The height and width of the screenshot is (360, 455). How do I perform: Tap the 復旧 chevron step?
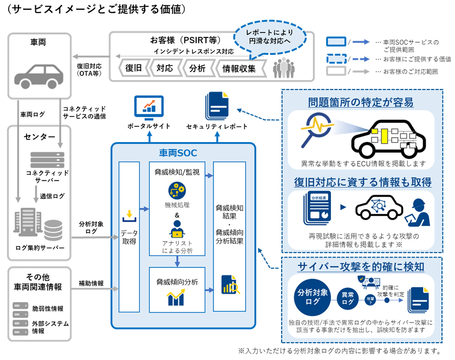[x=133, y=69]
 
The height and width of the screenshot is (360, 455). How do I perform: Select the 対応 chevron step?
[x=165, y=69]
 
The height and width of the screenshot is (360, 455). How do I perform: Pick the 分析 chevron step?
[x=197, y=69]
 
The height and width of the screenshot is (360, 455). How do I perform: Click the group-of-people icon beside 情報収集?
[x=285, y=68]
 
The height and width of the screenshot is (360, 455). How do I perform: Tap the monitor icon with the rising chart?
[x=148, y=105]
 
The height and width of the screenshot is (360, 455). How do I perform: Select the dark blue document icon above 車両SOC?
[x=217, y=105]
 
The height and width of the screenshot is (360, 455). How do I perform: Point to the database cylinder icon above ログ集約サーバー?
[x=53, y=230]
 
